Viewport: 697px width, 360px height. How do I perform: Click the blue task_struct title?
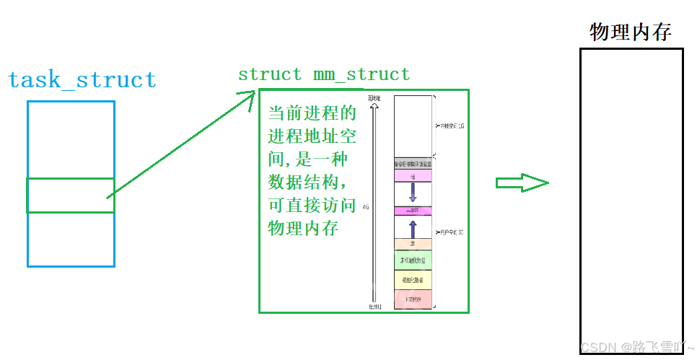point(82,79)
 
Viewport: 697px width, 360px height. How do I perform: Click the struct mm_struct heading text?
point(324,74)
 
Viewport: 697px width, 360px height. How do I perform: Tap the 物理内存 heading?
point(631,32)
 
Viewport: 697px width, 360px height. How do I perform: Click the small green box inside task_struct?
point(71,196)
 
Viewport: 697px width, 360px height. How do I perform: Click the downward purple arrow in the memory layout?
point(413,192)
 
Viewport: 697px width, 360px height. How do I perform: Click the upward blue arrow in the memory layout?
point(413,229)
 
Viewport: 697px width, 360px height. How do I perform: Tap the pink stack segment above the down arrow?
point(413,175)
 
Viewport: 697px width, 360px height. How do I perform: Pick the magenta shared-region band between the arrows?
point(413,211)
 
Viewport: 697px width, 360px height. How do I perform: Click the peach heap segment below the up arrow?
point(413,245)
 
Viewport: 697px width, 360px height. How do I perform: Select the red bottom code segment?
point(413,299)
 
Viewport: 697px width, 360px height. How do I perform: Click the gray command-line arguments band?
point(413,164)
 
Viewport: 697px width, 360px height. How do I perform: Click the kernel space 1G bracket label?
point(451,126)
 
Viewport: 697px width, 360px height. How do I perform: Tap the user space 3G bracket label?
point(451,233)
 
